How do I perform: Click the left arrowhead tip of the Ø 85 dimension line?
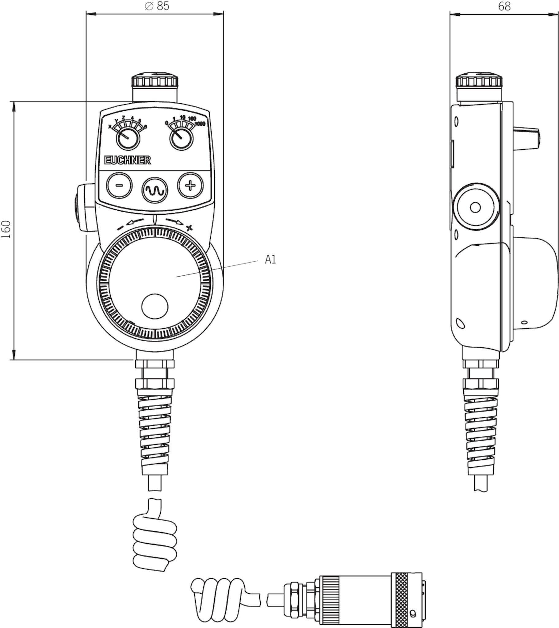click(x=86, y=14)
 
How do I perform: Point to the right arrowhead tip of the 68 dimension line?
click(x=558, y=14)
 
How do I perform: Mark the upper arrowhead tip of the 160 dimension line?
click(x=14, y=102)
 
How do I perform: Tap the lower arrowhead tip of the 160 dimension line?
click(x=14, y=359)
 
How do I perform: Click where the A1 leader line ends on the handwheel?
click(x=176, y=277)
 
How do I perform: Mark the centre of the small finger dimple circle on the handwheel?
click(x=155, y=306)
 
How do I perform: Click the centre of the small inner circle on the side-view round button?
click(x=475, y=207)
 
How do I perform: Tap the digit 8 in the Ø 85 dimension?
click(x=160, y=6)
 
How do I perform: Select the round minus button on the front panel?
click(x=119, y=186)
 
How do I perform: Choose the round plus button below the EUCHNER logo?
click(x=190, y=186)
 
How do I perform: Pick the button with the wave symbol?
click(x=155, y=190)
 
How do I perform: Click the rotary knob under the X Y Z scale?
click(x=128, y=138)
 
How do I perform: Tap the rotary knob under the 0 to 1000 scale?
click(x=182, y=138)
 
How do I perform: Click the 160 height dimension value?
click(x=6, y=229)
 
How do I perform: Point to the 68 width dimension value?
click(x=504, y=6)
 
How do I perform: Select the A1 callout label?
click(x=270, y=260)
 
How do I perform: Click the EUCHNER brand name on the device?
click(x=128, y=160)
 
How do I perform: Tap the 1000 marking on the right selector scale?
click(x=200, y=124)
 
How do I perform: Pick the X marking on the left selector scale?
click(x=110, y=126)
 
